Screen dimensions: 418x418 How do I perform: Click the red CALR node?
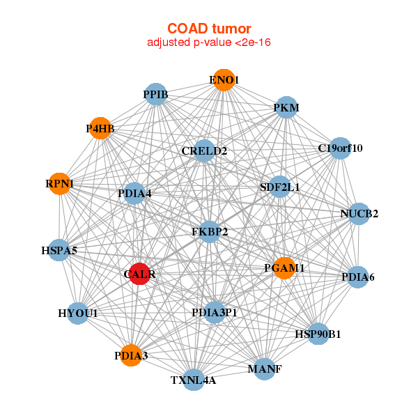pyautogui.click(x=140, y=274)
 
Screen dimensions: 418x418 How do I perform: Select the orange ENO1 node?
pyautogui.click(x=224, y=80)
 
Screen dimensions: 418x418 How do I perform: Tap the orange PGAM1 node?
pyautogui.click(x=284, y=268)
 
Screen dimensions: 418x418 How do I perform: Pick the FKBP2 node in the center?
pyautogui.click(x=210, y=231)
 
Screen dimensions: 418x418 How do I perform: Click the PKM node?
pyautogui.click(x=286, y=108)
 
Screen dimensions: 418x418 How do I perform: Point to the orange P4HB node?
pyautogui.click(x=100, y=128)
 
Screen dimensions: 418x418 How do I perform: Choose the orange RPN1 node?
pyautogui.click(x=60, y=184)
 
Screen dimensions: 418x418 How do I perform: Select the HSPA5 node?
pyautogui.click(x=59, y=249)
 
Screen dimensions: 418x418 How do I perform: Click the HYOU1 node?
pyautogui.click(x=78, y=313)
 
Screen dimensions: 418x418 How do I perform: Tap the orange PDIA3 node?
pyautogui.click(x=131, y=356)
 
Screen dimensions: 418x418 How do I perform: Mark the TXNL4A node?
pyautogui.click(x=194, y=380)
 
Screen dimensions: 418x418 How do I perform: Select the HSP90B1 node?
pyautogui.click(x=318, y=334)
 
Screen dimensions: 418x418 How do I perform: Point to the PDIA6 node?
pyautogui.click(x=357, y=277)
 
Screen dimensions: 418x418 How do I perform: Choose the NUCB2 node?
pyautogui.click(x=359, y=213)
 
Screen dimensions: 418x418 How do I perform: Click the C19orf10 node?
pyautogui.click(x=339, y=148)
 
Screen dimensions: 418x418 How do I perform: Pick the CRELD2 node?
pyautogui.click(x=204, y=150)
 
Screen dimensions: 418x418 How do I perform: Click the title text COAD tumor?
pyautogui.click(x=209, y=29)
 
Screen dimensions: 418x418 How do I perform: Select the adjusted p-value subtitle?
pyautogui.click(x=209, y=42)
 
